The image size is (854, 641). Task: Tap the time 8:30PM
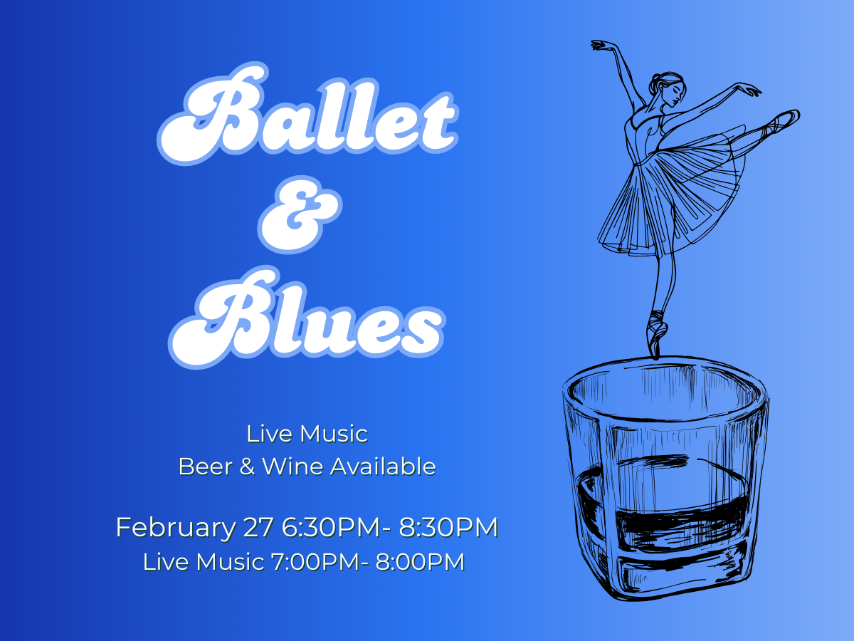(x=448, y=528)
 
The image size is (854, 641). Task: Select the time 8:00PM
(x=421, y=562)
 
